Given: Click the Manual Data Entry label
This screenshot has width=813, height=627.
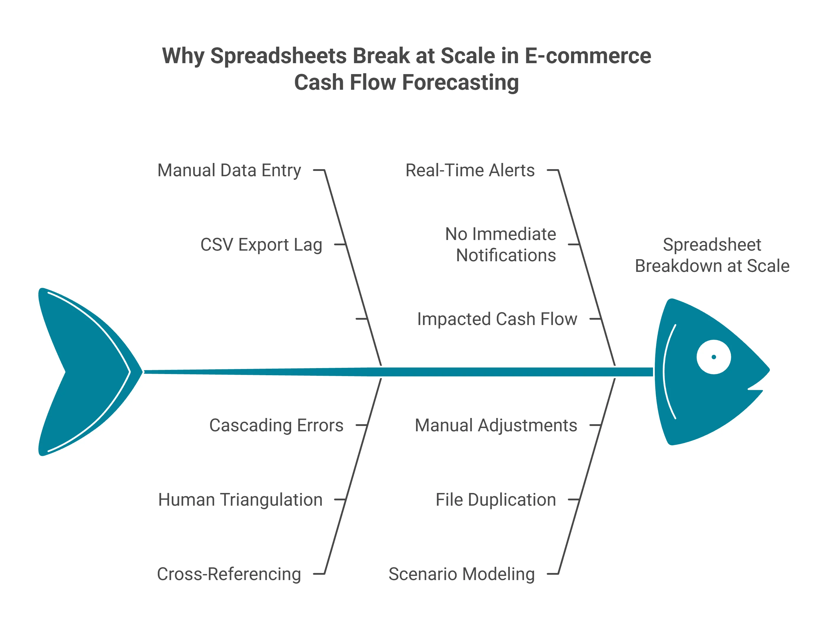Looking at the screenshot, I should [x=229, y=171].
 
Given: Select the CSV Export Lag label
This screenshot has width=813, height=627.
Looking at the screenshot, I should [x=261, y=245].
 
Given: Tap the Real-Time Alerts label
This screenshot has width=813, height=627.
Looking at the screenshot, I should [x=470, y=171].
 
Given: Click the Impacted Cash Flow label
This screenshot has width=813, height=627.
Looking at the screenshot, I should [x=497, y=319].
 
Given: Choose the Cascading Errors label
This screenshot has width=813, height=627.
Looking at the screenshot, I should [x=276, y=425].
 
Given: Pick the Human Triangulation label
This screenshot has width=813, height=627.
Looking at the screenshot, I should [x=240, y=500].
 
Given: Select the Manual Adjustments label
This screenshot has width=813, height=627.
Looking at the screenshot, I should [x=496, y=425].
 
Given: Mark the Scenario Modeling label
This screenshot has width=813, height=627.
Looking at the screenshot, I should [x=462, y=574].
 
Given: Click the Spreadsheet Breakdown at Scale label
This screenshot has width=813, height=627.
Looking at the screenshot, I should [x=712, y=255].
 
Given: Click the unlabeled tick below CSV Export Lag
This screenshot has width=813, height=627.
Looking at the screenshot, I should [x=361, y=319].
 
